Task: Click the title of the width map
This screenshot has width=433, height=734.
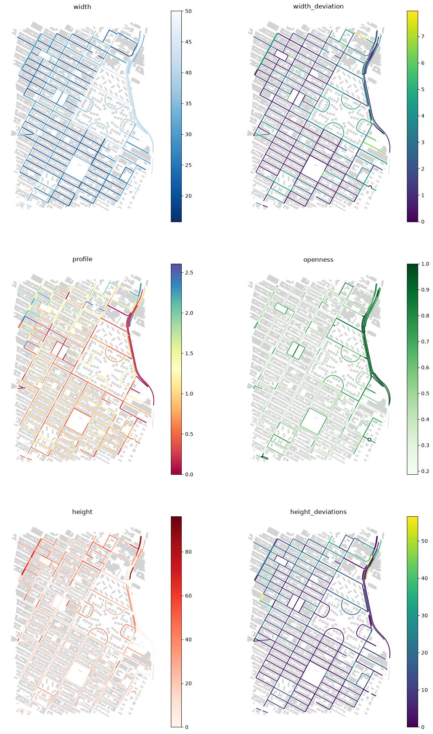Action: coord(82,6)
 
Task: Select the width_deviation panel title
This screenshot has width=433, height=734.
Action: coord(318,6)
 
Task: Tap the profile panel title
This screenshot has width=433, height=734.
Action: coord(82,259)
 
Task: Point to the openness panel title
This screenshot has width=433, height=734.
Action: coord(318,259)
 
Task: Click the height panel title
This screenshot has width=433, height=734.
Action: coord(82,512)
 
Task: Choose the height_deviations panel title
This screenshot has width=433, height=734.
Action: coord(318,512)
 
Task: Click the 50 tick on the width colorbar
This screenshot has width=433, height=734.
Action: coord(188,11)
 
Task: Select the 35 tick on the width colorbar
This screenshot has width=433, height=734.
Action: coord(188,103)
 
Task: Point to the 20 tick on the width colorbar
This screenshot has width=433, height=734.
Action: coord(188,196)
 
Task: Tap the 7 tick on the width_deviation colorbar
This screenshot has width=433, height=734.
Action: coord(423,36)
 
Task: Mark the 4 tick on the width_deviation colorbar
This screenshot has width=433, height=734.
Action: coord(423,116)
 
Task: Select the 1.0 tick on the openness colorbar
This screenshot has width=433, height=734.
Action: coord(425,264)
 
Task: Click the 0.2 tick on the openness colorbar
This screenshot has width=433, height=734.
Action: coord(425,471)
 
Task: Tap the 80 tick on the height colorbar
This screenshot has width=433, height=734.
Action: coord(188,552)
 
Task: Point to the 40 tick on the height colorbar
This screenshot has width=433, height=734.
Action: coord(188,640)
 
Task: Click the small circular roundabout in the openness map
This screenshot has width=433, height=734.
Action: coord(369,440)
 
